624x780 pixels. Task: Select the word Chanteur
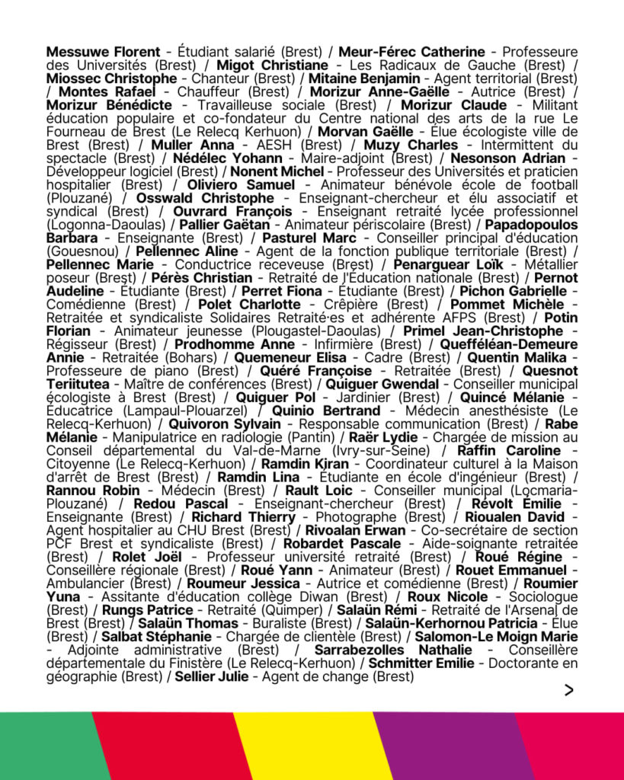coord(217,78)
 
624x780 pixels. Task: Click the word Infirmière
coord(315,344)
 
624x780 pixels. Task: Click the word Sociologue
coord(542,596)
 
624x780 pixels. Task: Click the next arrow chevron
coord(568,690)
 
